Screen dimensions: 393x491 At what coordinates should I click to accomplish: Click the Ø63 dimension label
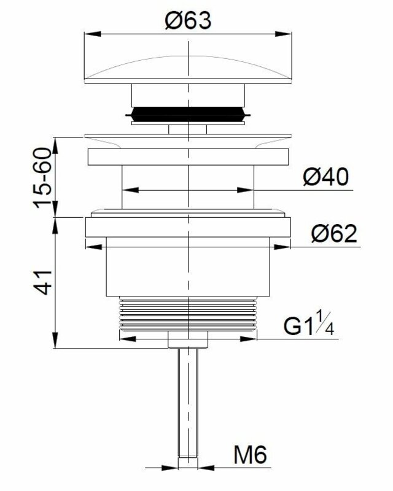tap(189, 20)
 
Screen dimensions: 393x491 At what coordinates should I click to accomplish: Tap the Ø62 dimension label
tap(334, 233)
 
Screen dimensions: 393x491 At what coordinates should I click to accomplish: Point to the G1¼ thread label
tap(309, 323)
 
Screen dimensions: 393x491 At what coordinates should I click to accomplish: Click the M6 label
tap(250, 455)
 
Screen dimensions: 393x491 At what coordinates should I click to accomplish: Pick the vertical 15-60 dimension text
tap(42, 178)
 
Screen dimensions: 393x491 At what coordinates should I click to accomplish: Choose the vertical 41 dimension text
tap(42, 282)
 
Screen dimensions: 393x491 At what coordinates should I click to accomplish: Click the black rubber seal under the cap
tap(188, 114)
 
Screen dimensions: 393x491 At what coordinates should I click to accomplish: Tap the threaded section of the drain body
tap(188, 313)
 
